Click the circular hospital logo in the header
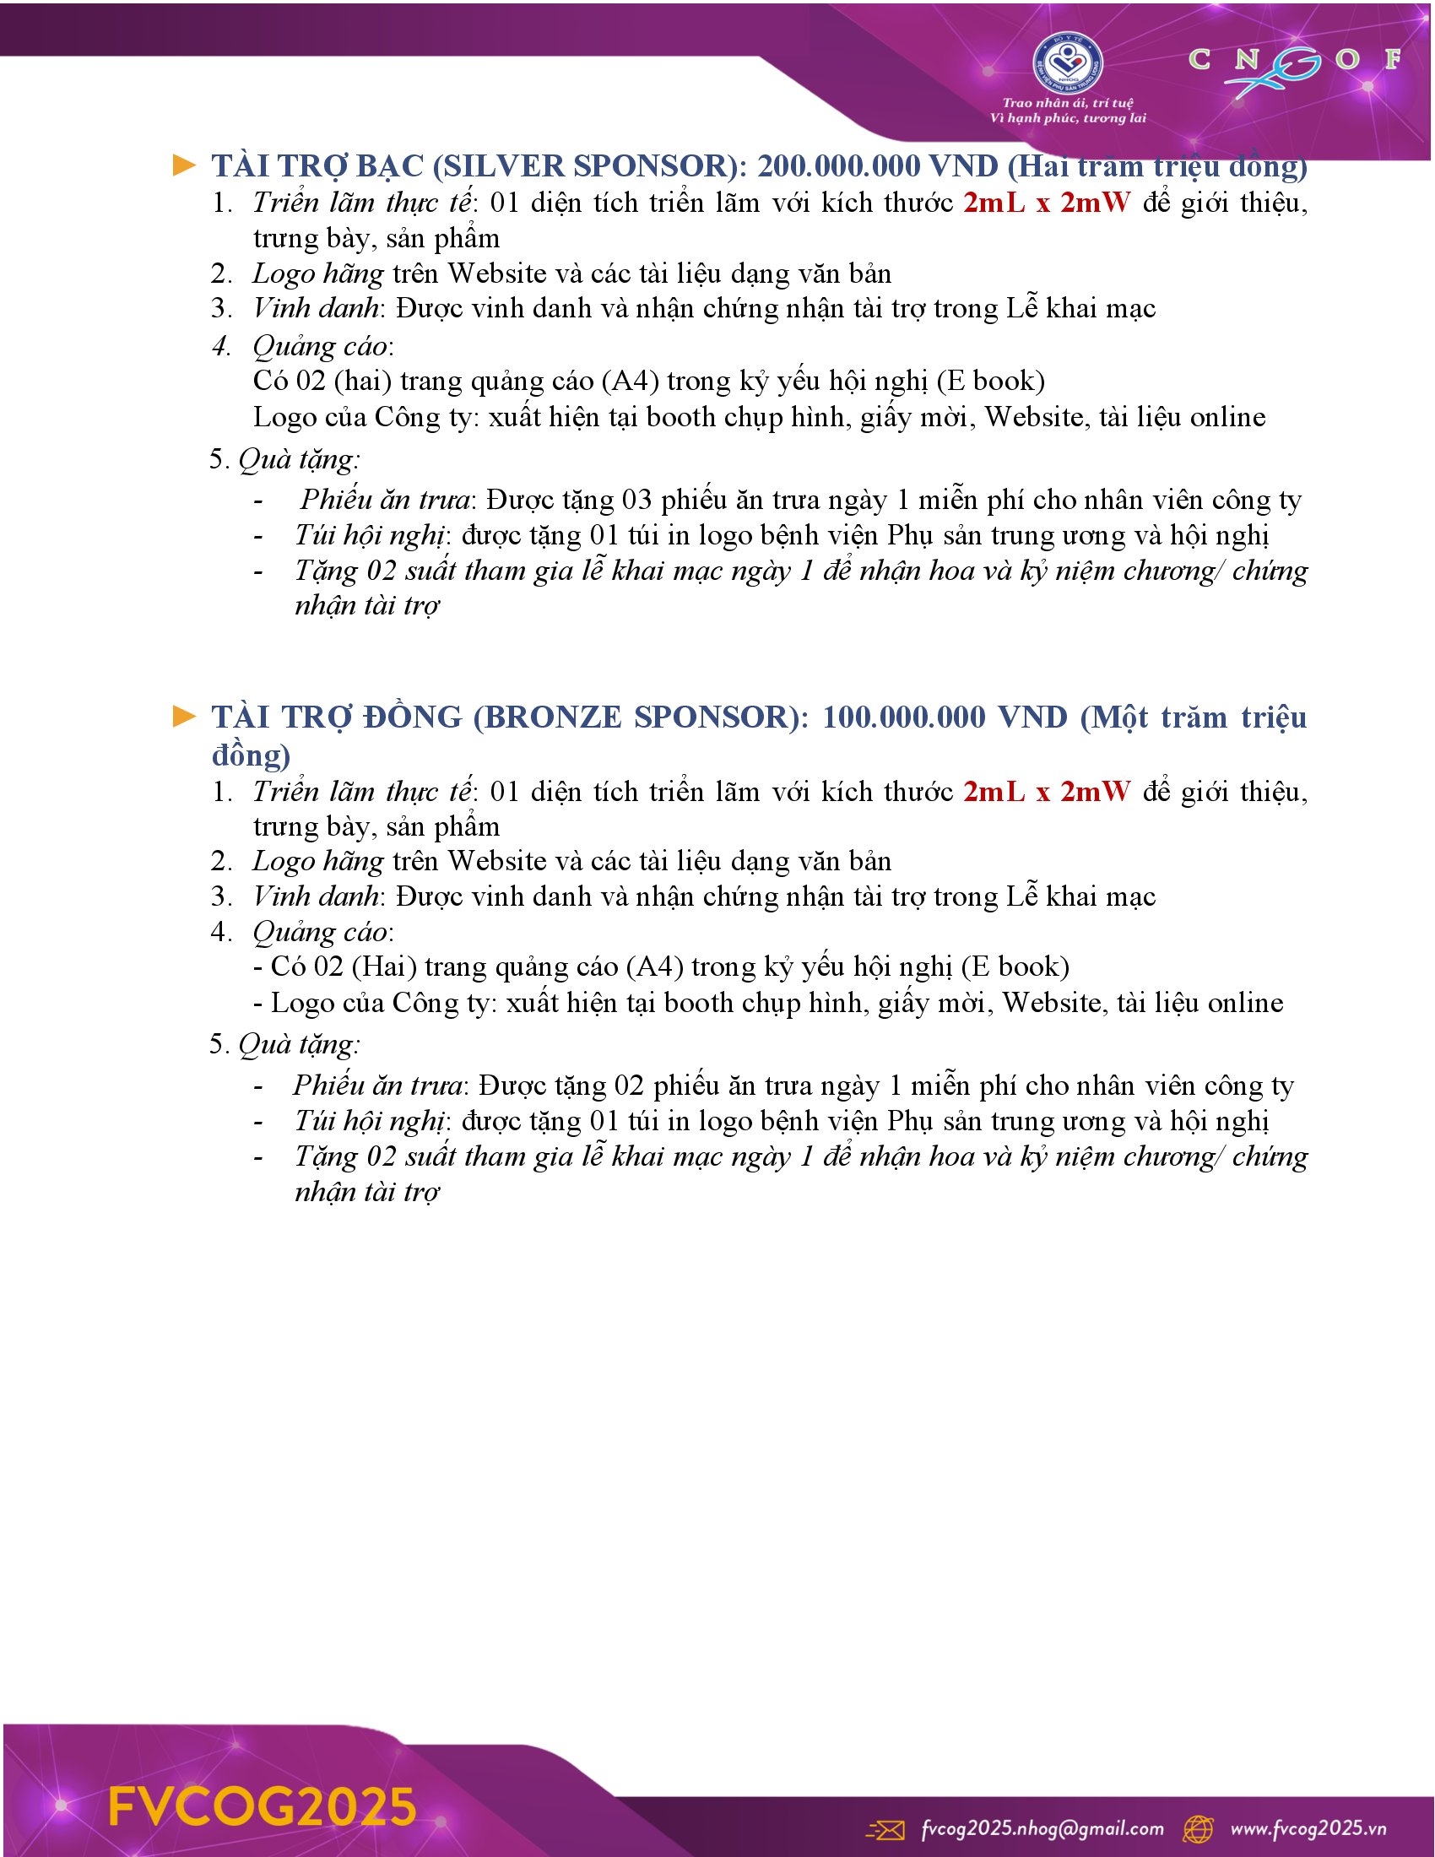click(x=1067, y=64)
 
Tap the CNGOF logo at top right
click(x=1293, y=64)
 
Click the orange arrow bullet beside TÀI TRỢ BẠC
click(x=184, y=165)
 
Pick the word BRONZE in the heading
click(x=553, y=717)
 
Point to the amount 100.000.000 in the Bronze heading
click(x=904, y=717)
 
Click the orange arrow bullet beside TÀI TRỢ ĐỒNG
click(x=184, y=716)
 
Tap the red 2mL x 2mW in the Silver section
click(x=1047, y=203)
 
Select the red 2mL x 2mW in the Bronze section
click(x=1047, y=792)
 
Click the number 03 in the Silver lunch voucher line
click(x=636, y=499)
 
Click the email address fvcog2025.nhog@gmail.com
click(x=1042, y=1828)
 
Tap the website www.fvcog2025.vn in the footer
click(x=1308, y=1828)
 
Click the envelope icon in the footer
click(x=885, y=1829)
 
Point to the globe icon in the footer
click(x=1199, y=1829)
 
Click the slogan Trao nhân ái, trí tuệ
click(x=1068, y=103)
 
